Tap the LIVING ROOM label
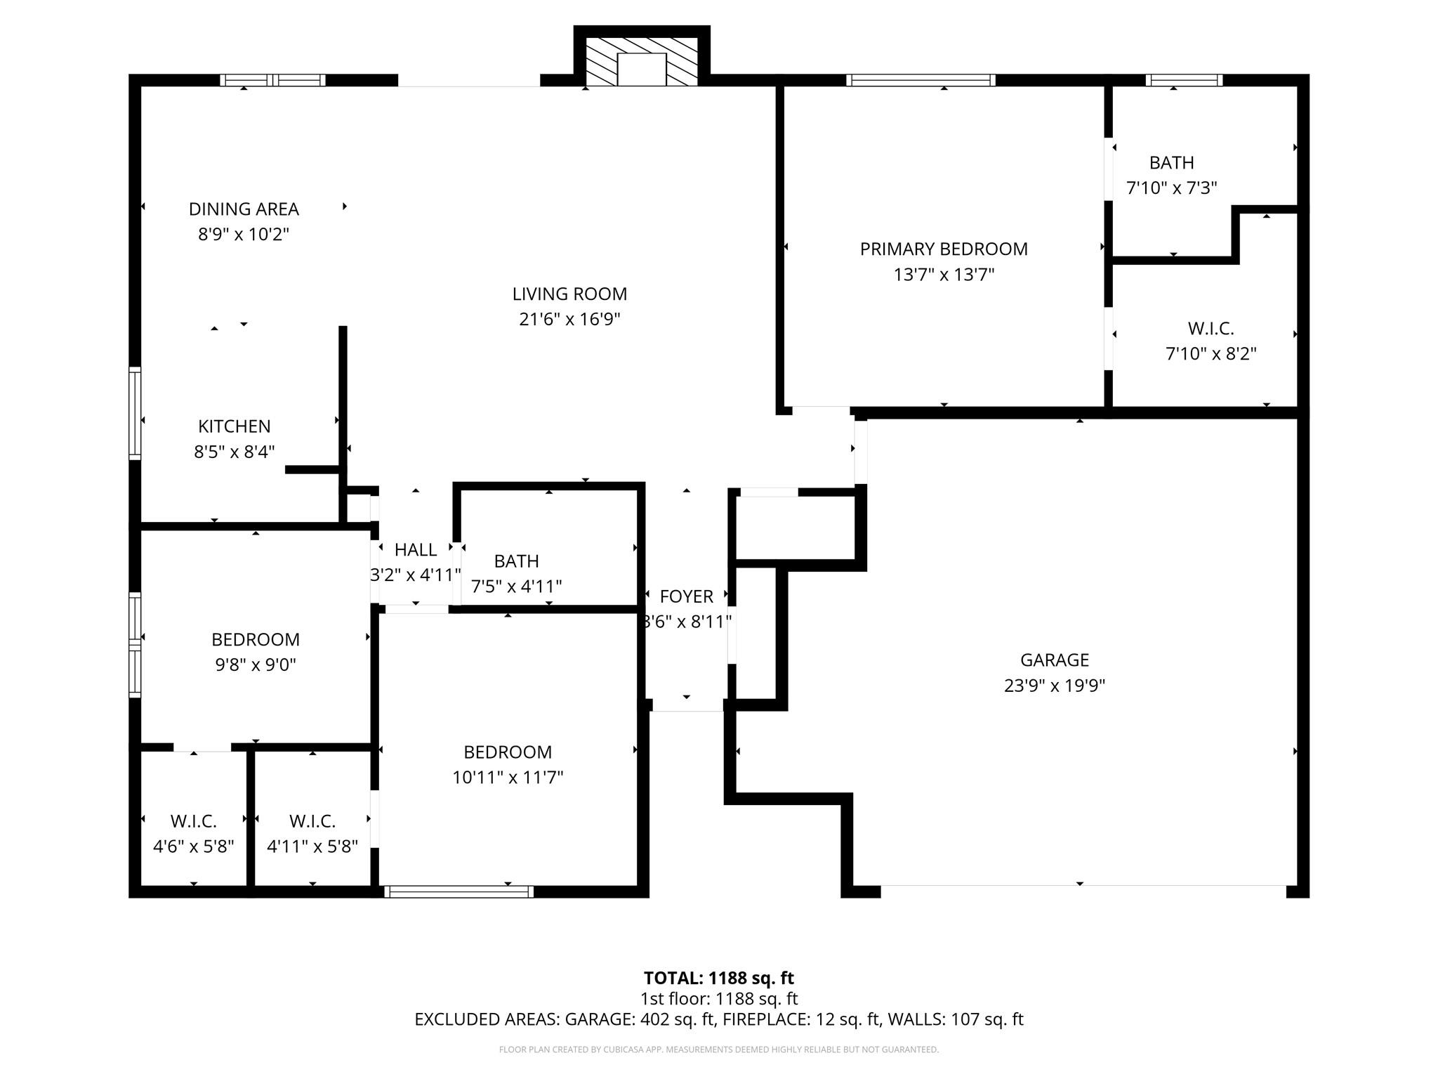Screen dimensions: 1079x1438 [569, 294]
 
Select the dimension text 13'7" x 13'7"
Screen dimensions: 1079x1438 [944, 275]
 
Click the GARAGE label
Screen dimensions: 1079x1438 [1054, 660]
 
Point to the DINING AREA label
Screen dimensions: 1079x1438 [244, 209]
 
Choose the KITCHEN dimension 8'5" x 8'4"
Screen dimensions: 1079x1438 [234, 452]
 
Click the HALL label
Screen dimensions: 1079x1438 [415, 549]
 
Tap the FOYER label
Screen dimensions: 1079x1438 [686, 596]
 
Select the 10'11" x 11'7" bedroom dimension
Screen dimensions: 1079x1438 [508, 778]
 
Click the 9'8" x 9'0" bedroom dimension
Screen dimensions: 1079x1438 [256, 665]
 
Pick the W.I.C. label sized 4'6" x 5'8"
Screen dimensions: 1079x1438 [193, 821]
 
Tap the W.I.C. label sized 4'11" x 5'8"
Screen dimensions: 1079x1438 [312, 821]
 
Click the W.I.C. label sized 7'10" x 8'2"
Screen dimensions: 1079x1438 [1211, 328]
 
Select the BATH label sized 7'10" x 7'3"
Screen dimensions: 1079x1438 [1171, 163]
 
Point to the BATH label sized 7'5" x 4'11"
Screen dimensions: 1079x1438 [516, 561]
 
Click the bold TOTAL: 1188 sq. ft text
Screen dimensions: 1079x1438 [718, 978]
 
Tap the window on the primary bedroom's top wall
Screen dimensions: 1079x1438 [920, 80]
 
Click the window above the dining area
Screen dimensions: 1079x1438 [272, 80]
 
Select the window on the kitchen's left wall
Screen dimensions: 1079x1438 [135, 413]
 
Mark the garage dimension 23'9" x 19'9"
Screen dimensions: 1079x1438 [1054, 686]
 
